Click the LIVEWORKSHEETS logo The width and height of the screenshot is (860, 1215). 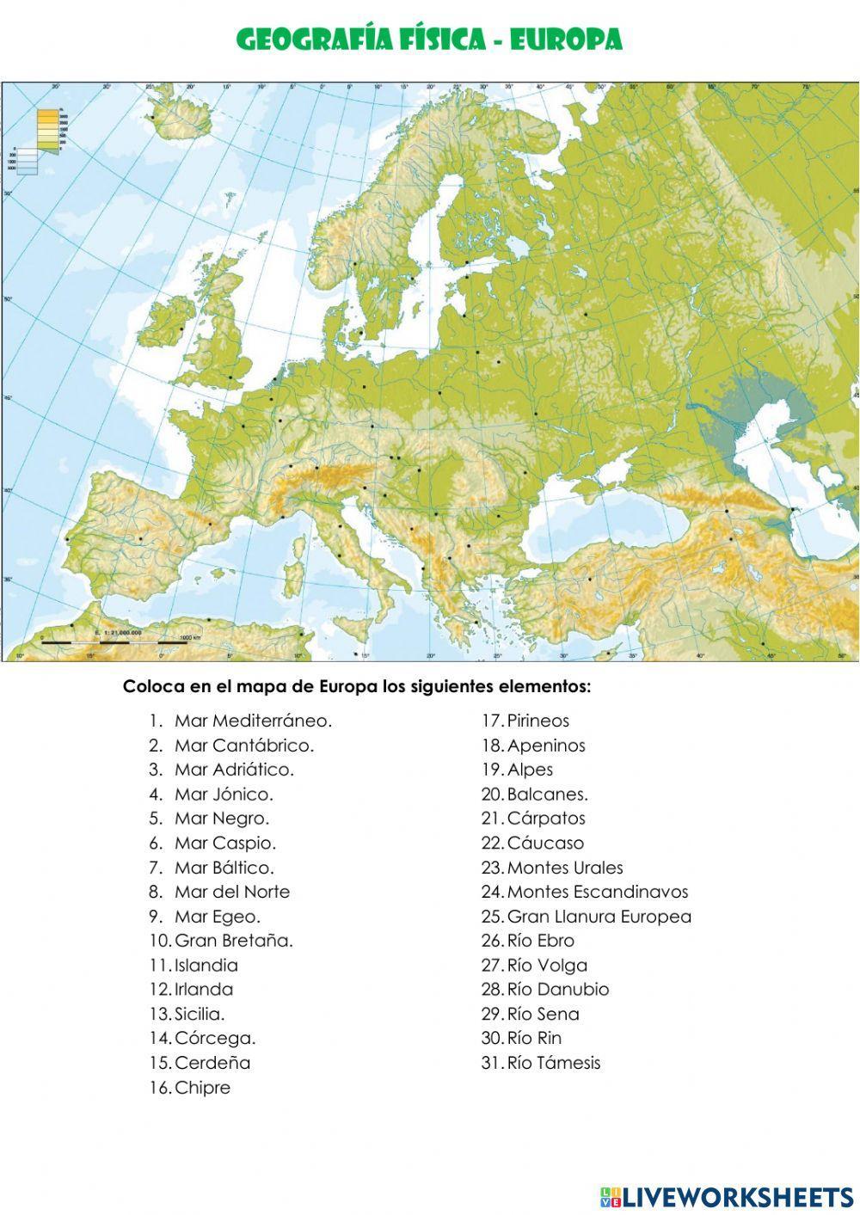(x=727, y=1196)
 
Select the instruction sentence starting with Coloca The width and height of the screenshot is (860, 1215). (x=357, y=687)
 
